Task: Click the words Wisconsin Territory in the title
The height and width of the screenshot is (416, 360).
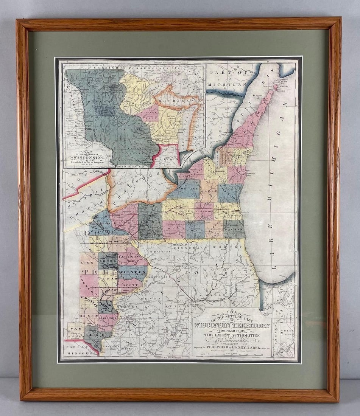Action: [x=232, y=325]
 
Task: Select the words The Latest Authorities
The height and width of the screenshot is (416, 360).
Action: [x=232, y=335]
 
